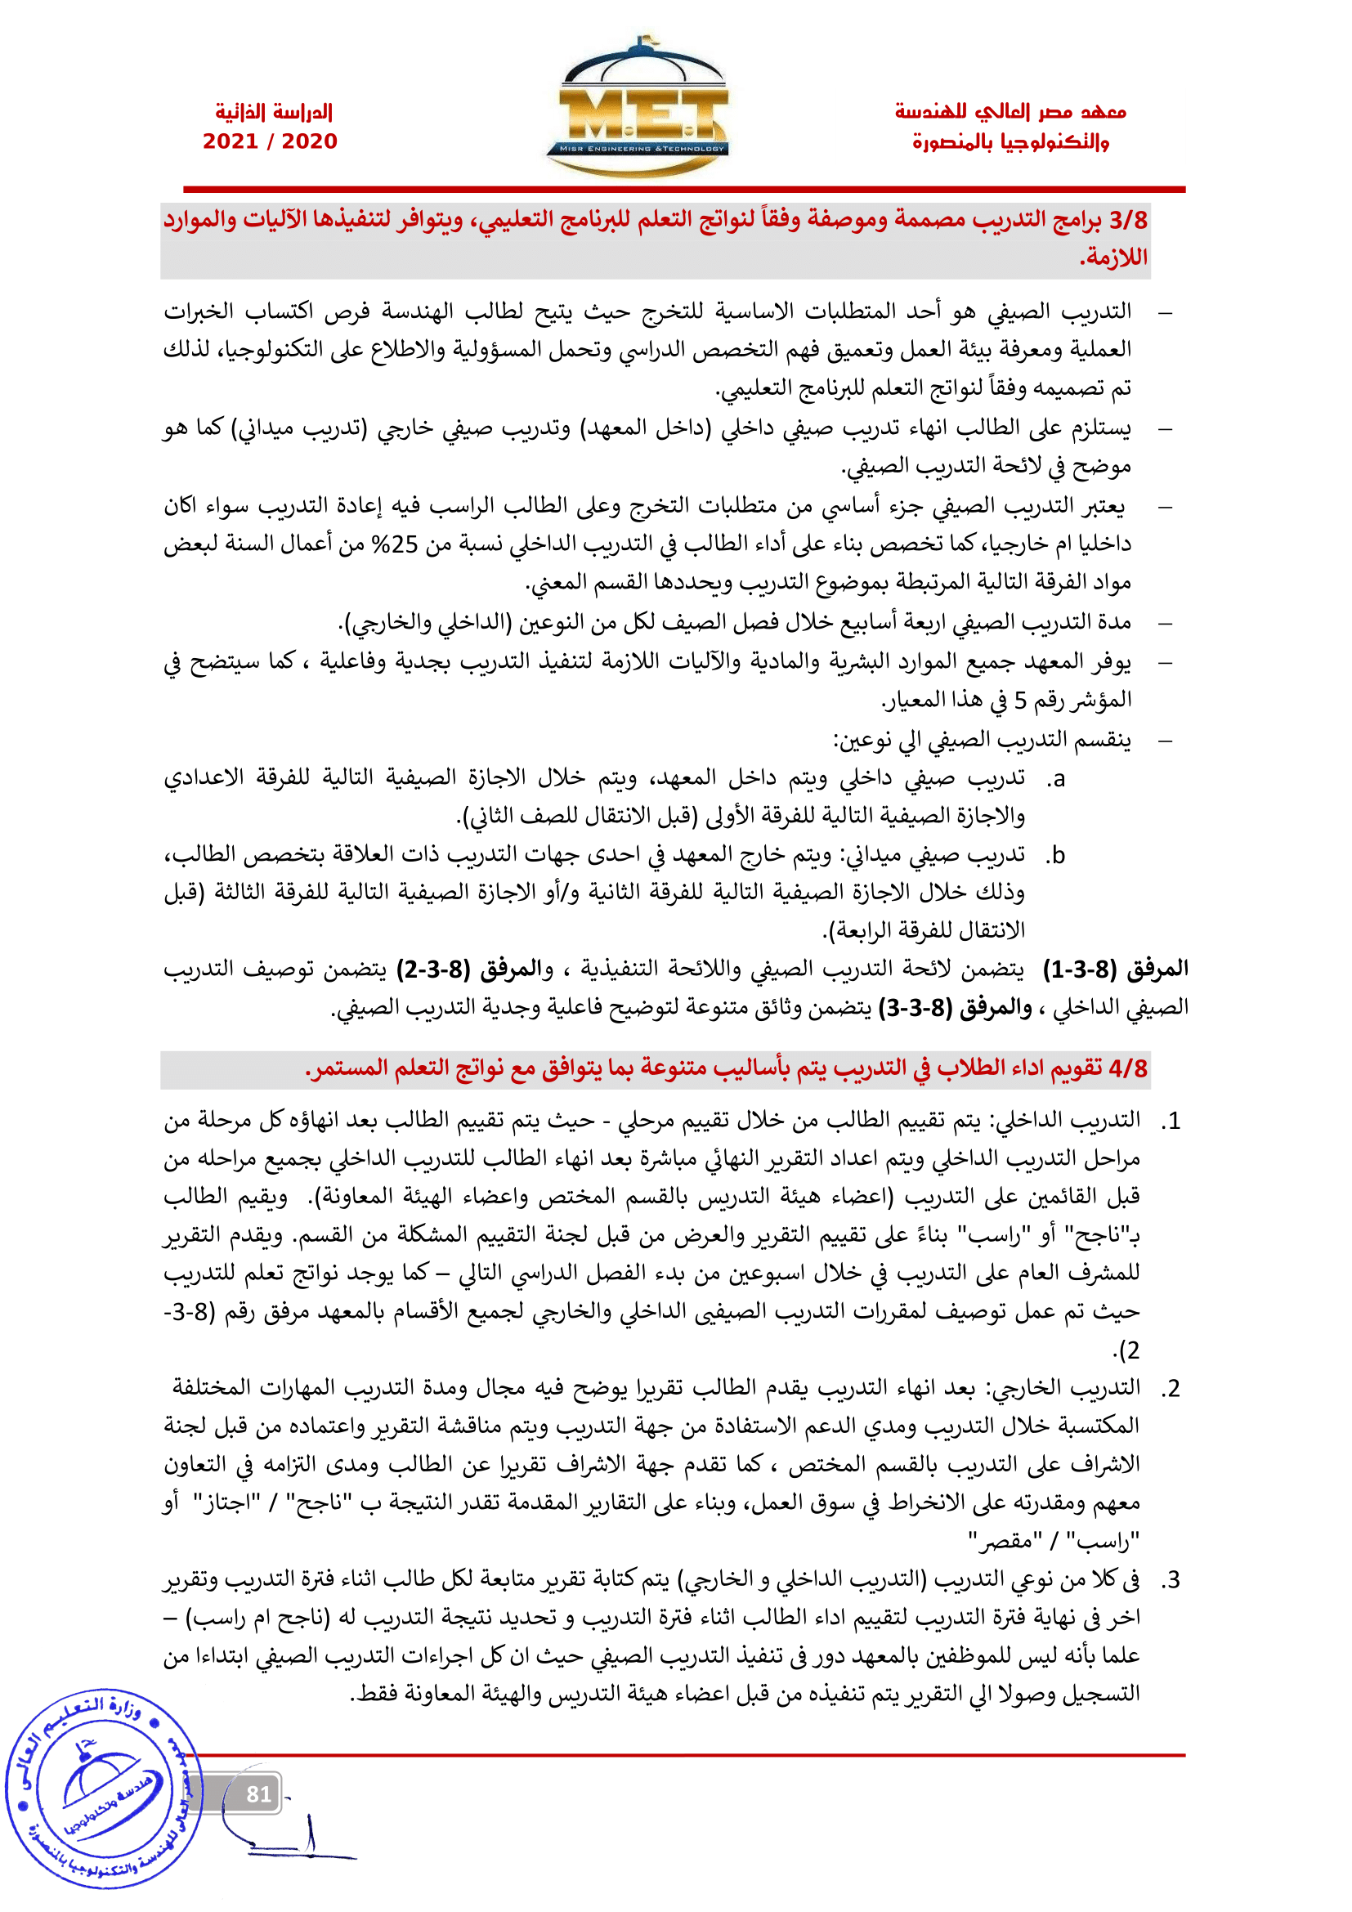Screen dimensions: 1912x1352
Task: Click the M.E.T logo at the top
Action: [637, 108]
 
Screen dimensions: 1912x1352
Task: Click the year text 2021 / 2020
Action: [271, 141]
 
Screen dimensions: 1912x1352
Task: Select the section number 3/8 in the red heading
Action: [1128, 221]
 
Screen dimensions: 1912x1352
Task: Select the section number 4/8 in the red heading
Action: [1128, 1068]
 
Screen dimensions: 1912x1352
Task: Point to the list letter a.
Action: [1056, 780]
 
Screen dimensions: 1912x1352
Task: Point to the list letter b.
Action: [1056, 855]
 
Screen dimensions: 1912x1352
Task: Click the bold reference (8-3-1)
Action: [1080, 969]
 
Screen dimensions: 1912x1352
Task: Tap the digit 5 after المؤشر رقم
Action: [1021, 701]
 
